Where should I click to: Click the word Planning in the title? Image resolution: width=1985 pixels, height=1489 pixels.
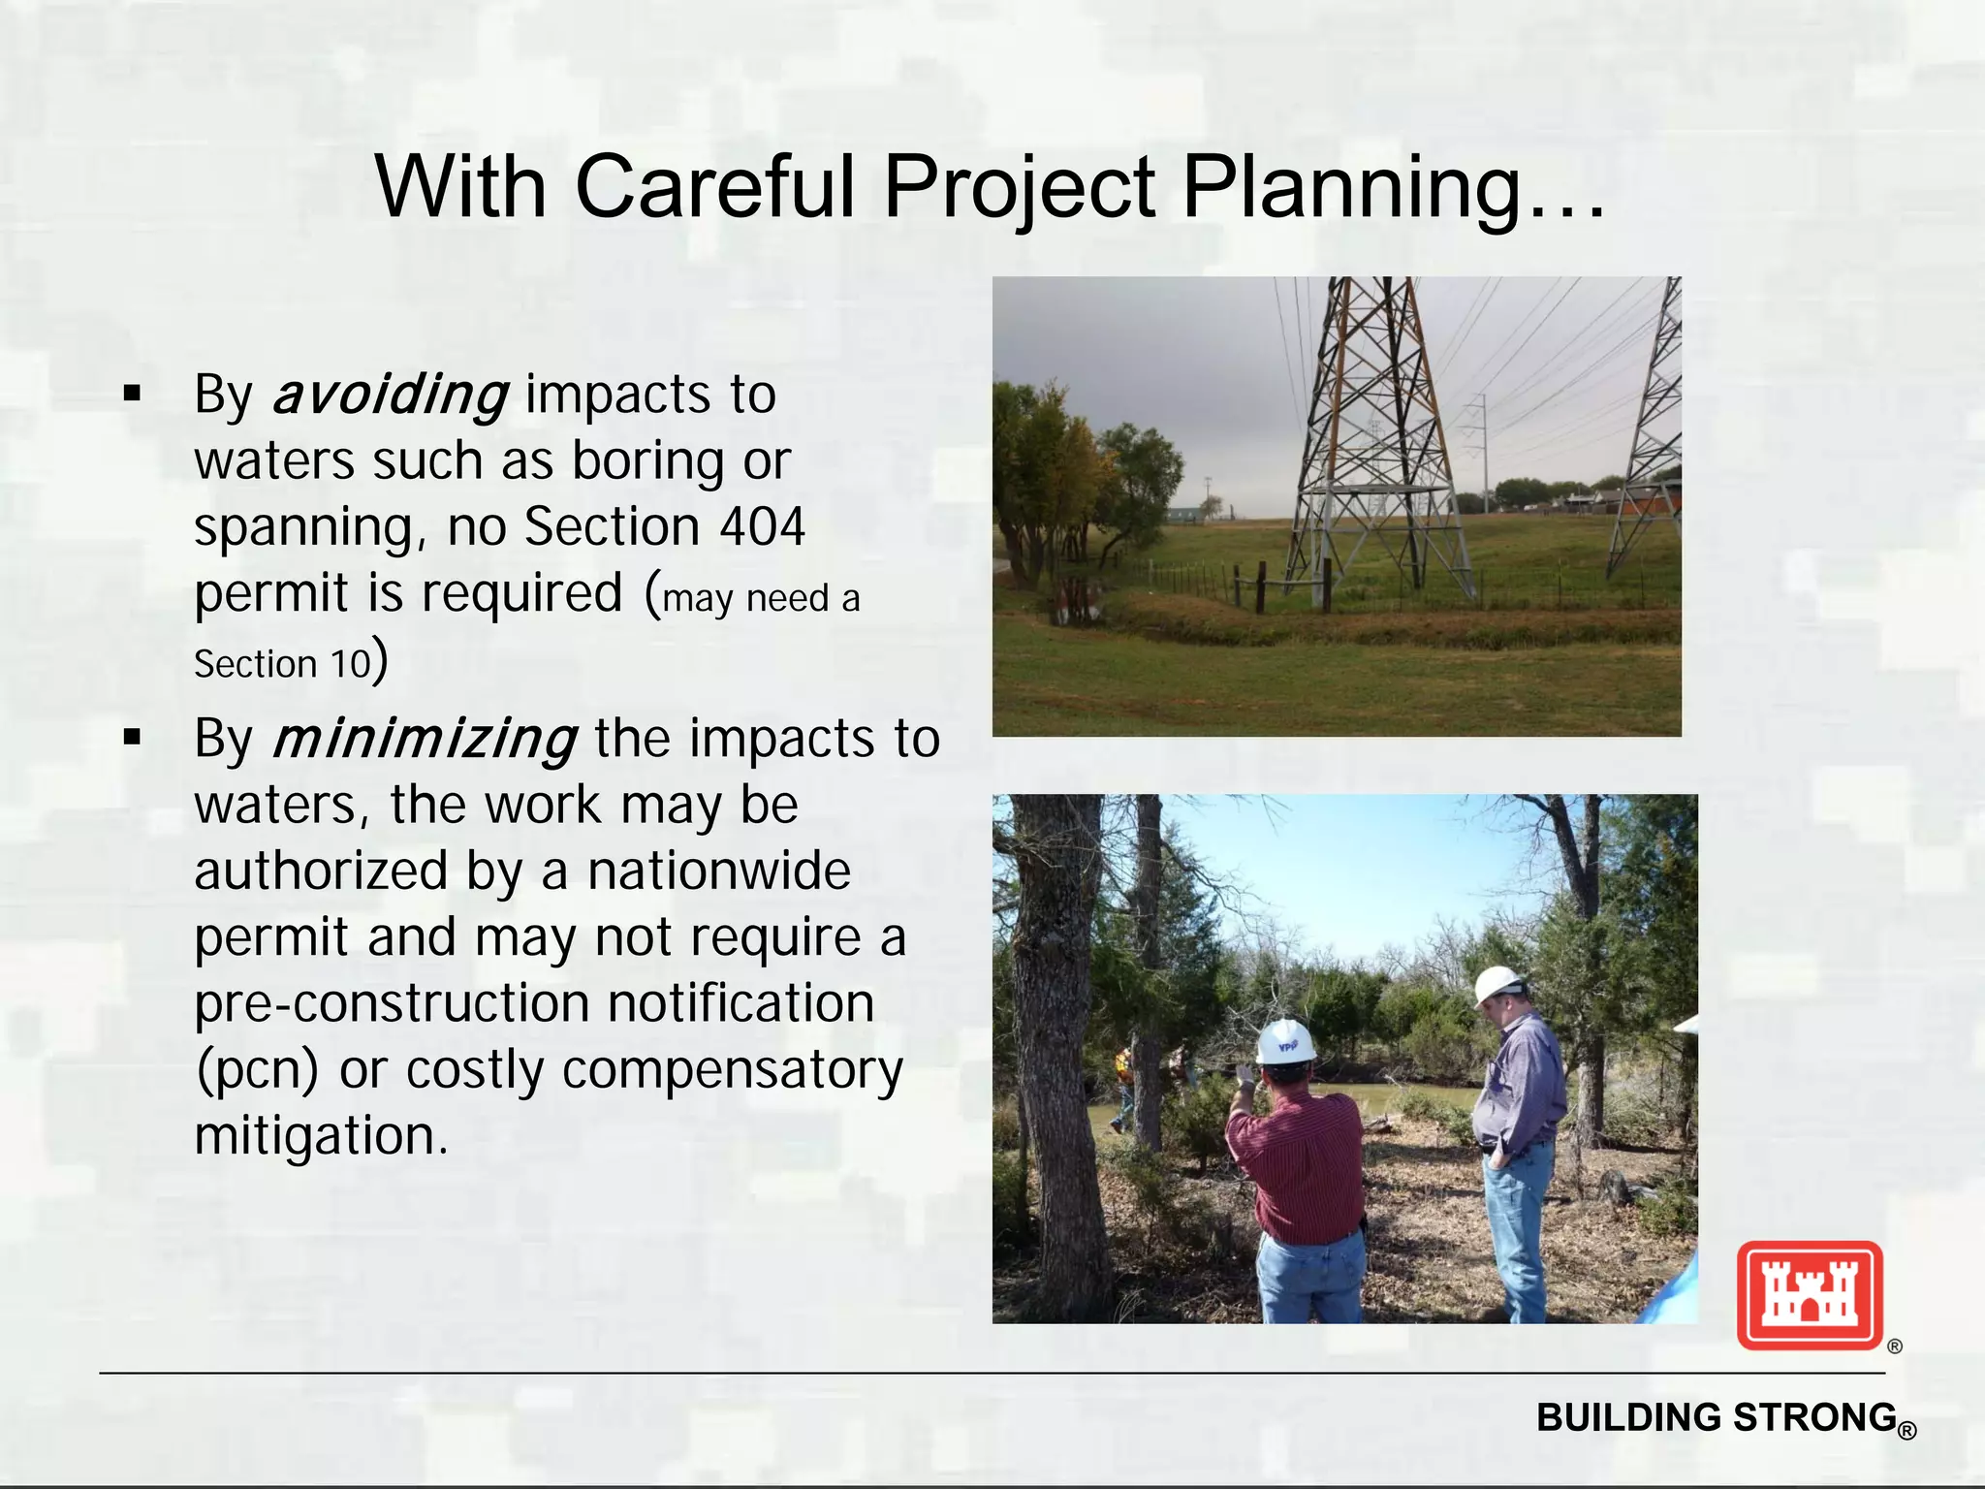click(1392, 187)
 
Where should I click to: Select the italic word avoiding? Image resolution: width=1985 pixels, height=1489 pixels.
click(390, 396)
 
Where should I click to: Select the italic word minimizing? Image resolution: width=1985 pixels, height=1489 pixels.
click(425, 740)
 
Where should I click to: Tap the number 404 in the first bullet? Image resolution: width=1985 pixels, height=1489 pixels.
click(762, 527)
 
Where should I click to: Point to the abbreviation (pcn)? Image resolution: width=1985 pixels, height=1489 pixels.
click(257, 1071)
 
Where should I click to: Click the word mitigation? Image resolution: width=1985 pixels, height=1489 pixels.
click(320, 1136)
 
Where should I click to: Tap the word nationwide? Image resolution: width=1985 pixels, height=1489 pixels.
click(718, 871)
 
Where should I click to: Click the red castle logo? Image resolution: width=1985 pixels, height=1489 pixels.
click(1809, 1295)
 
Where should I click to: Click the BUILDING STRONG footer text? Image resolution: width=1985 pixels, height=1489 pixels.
click(1717, 1418)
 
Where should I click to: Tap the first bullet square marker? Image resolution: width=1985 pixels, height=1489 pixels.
click(133, 395)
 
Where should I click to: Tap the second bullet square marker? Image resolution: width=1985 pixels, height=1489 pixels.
click(133, 739)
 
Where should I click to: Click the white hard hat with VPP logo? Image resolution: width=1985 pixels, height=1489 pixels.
click(1285, 1042)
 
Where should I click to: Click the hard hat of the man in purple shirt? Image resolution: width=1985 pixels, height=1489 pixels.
click(1497, 985)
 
